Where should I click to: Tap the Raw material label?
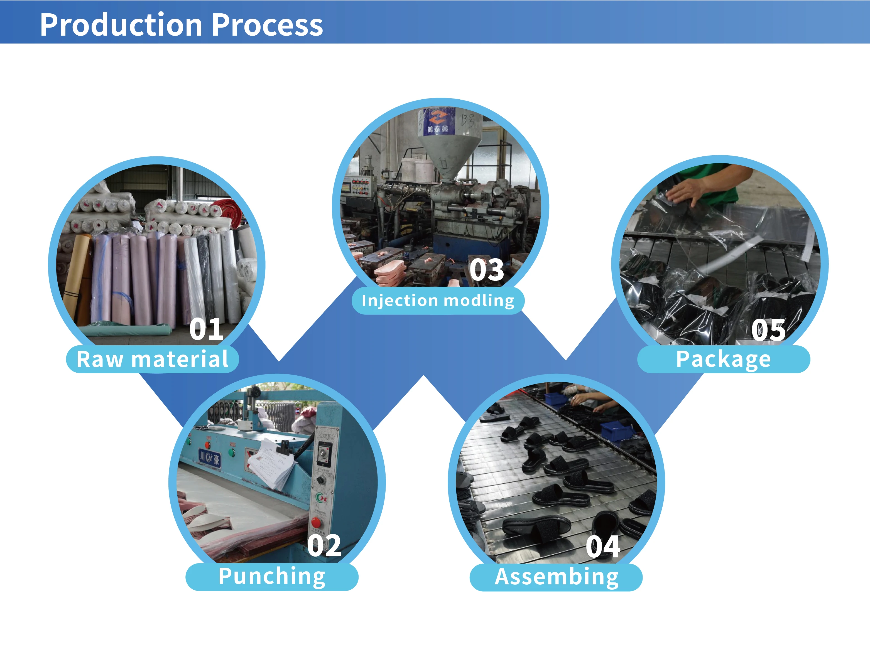(x=152, y=359)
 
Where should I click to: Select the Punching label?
(x=272, y=577)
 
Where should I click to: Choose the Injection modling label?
(x=438, y=300)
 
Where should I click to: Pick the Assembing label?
(x=556, y=577)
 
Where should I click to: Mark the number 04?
(x=603, y=547)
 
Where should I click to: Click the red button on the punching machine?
(x=316, y=522)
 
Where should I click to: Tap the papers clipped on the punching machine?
(x=270, y=464)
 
